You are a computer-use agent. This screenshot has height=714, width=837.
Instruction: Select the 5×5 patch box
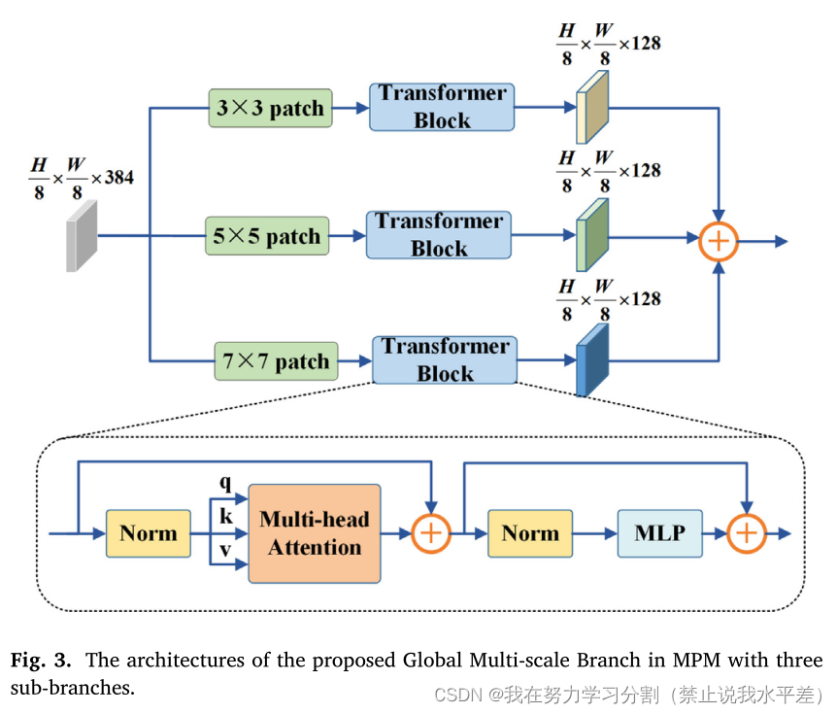267,236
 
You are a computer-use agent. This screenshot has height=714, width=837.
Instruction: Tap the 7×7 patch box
277,361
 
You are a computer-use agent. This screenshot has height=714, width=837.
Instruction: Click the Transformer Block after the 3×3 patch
442,107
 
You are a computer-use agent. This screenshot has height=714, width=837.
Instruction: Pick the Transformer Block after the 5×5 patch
439,235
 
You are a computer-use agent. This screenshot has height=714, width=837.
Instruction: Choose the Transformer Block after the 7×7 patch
445,360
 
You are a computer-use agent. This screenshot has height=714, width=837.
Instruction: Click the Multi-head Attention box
315,533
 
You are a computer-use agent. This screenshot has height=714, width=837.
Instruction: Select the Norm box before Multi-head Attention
149,533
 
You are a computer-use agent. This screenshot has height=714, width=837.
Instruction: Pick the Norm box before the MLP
530,533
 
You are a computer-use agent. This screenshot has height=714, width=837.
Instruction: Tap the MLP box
659,533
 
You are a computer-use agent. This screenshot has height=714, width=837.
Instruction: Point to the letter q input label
226,481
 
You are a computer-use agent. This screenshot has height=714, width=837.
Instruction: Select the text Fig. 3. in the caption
41,661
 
